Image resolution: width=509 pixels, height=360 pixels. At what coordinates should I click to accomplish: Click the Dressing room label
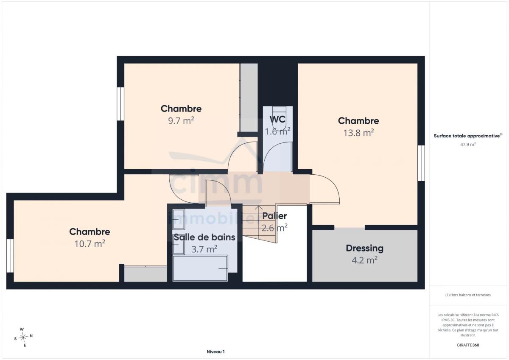point(364,248)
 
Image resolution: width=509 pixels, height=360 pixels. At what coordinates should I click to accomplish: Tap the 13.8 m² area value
point(358,133)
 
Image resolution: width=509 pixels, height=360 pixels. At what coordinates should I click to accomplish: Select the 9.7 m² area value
point(181,120)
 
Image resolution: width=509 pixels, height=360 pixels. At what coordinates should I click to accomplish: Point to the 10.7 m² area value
point(90,244)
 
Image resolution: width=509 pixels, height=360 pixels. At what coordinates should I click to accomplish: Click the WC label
point(277,119)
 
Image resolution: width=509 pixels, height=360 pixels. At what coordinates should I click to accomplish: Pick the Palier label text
point(274,216)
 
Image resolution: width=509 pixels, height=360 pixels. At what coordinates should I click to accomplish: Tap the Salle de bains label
point(204,237)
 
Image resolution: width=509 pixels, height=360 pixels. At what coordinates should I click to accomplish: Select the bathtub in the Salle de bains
point(200,268)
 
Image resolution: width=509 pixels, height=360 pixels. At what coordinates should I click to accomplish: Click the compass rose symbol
point(23,337)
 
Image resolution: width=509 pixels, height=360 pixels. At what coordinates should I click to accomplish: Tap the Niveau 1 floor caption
point(215,352)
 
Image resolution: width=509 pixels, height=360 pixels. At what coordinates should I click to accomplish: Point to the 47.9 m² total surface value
point(468,144)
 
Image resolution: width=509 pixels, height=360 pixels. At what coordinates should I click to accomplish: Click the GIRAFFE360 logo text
point(468,345)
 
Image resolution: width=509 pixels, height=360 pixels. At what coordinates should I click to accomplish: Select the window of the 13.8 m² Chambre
point(421,163)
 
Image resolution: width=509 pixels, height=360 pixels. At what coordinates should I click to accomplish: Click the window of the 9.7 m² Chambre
point(120,103)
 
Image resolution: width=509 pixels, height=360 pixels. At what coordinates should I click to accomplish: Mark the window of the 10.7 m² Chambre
point(10,256)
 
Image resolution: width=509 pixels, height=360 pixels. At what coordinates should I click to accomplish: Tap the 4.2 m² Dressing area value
point(364,260)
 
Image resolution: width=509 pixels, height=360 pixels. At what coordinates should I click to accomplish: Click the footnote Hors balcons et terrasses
point(468,295)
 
